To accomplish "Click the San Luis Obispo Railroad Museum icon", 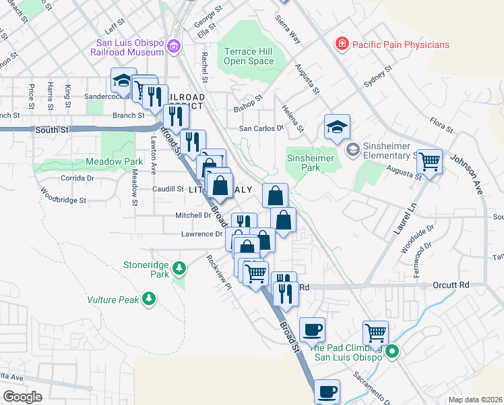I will [175, 46].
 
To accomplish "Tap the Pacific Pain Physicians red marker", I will [342, 45].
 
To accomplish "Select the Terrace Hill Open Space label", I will [249, 56].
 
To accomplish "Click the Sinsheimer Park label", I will [312, 162].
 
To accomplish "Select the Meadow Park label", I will [114, 162].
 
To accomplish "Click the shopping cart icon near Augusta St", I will [429, 162].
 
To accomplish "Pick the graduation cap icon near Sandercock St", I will [122, 82].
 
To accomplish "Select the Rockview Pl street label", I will [220, 269].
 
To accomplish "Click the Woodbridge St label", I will [63, 196].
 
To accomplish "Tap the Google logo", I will [22, 396].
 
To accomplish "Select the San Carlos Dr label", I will [263, 128].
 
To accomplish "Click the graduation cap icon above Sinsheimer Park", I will [337, 126].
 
